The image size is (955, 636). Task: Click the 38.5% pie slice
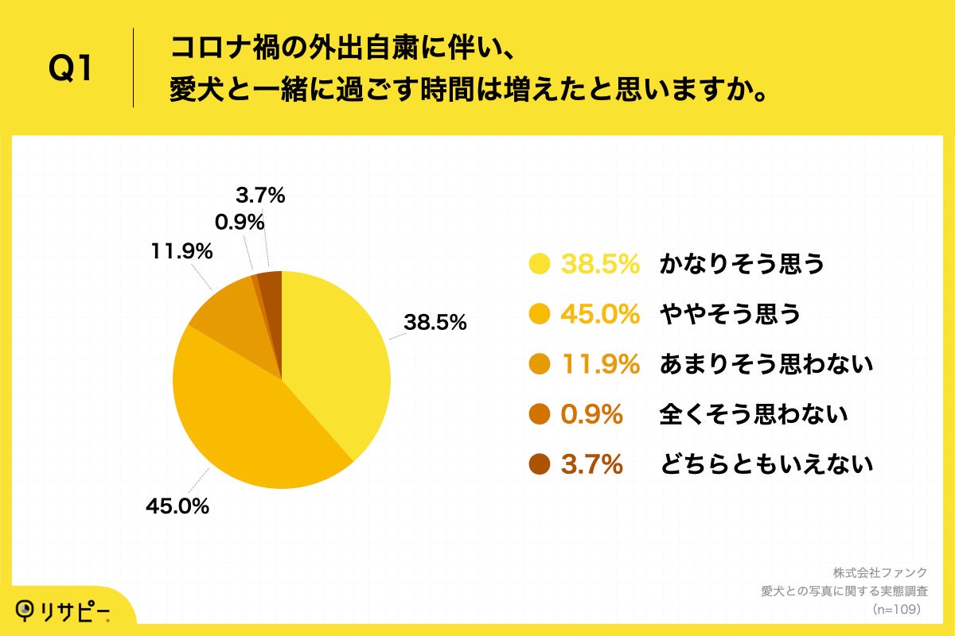[x=334, y=358]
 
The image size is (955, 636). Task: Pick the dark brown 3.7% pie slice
[x=271, y=290]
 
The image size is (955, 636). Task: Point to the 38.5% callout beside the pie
[x=435, y=324]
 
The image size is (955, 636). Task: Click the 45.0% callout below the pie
[x=177, y=506]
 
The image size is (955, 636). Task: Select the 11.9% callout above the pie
[x=181, y=252]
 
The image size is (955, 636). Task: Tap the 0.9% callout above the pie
[x=240, y=223]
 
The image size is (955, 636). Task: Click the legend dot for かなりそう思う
[x=540, y=265]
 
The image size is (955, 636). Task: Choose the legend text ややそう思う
[x=730, y=315]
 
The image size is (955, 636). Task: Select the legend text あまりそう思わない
[x=766, y=365]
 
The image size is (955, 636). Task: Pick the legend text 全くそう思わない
[x=753, y=414]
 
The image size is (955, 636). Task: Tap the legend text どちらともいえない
[x=766, y=464]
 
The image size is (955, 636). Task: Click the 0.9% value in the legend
[x=592, y=414]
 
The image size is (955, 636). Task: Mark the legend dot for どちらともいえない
[x=540, y=464]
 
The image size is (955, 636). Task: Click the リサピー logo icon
[x=27, y=609]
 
